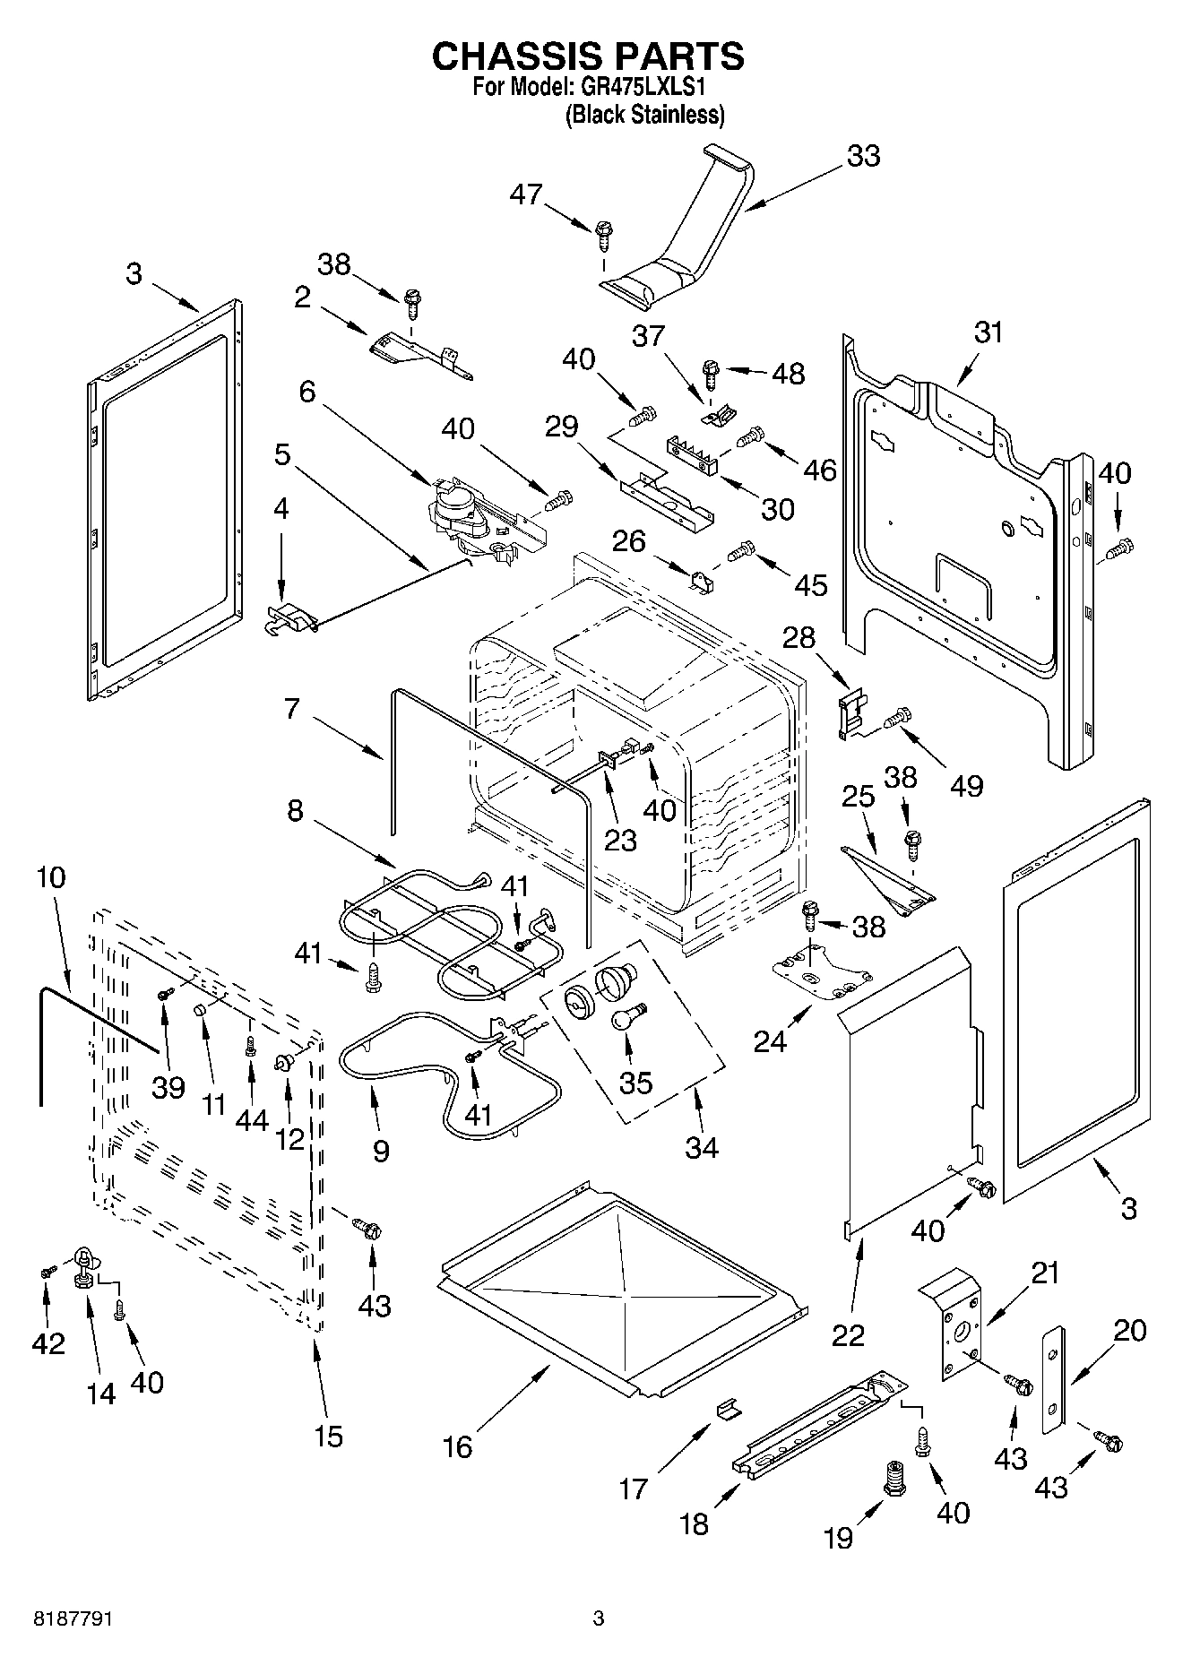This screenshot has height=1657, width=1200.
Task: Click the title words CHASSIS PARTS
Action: (588, 56)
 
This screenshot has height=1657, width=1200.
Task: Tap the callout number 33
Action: (863, 156)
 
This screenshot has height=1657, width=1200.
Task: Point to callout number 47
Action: (526, 194)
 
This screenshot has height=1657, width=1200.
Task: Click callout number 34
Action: (702, 1147)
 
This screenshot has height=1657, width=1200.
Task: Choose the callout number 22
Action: (848, 1334)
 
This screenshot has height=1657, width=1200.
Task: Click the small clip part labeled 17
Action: (729, 1410)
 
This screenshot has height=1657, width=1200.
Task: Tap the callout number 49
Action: (965, 785)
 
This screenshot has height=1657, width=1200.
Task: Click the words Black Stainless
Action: (644, 115)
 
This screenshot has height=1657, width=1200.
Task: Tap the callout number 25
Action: (858, 796)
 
